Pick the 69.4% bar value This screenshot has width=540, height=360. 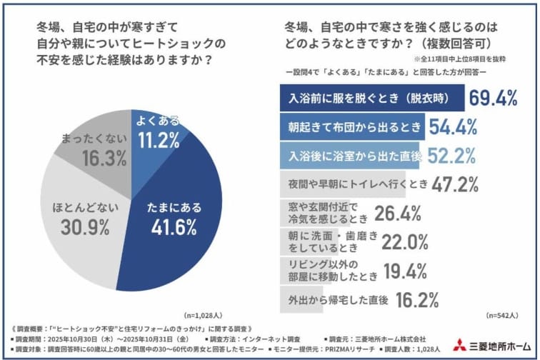click(493, 99)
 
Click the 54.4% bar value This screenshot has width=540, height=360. click(453, 127)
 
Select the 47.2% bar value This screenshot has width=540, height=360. click(455, 184)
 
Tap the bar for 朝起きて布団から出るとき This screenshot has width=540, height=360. click(350, 127)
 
